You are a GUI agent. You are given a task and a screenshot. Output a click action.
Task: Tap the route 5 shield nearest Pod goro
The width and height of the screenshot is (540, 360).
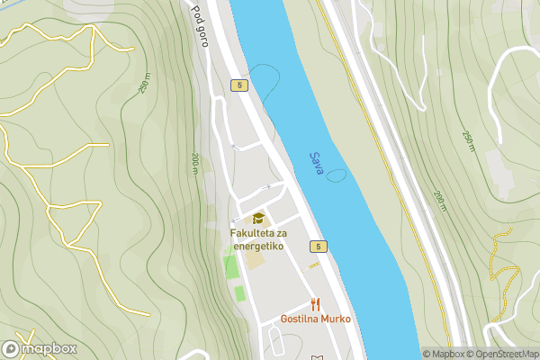tap(238, 85)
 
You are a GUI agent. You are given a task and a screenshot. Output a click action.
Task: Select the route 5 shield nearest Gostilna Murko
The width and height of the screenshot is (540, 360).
tap(319, 246)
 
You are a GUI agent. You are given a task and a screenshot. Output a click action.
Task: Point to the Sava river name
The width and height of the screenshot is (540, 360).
tap(316, 164)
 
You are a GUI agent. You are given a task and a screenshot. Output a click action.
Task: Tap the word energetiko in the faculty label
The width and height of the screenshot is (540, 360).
tap(256, 246)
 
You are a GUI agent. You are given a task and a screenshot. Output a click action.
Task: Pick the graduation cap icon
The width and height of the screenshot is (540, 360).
tap(258, 219)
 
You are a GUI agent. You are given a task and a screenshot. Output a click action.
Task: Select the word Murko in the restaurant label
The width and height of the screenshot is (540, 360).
tap(334, 319)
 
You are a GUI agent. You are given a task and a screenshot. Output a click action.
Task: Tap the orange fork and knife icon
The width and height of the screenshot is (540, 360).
tap(315, 304)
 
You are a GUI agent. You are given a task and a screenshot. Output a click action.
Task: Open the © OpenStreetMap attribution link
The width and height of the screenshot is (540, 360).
tap(502, 354)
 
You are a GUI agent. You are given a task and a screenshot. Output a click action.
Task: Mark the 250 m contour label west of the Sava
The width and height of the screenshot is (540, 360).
tap(144, 83)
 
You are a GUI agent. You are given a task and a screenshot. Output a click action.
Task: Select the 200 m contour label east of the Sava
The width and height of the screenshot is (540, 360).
tap(439, 202)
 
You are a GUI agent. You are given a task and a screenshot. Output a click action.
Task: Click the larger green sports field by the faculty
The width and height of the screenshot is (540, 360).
tap(231, 267)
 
